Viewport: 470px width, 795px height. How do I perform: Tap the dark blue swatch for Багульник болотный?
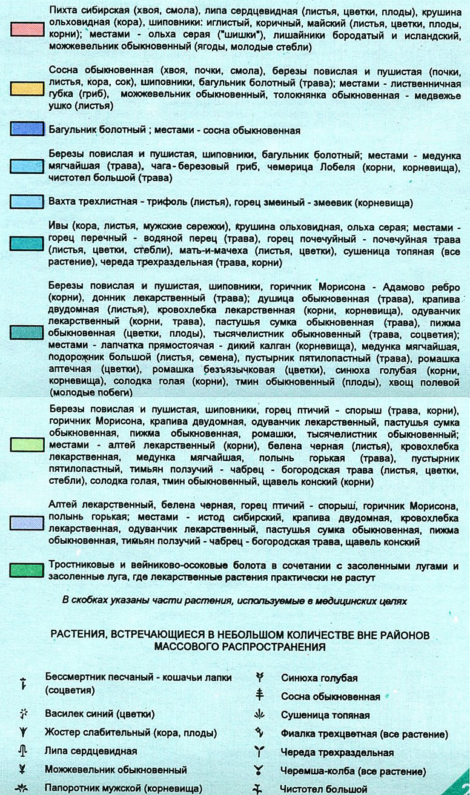tap(27, 129)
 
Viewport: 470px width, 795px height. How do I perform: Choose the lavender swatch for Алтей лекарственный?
tap(27, 522)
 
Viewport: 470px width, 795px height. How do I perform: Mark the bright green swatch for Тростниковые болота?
tap(27, 570)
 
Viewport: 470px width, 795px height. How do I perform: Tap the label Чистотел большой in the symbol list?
tap(324, 789)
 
